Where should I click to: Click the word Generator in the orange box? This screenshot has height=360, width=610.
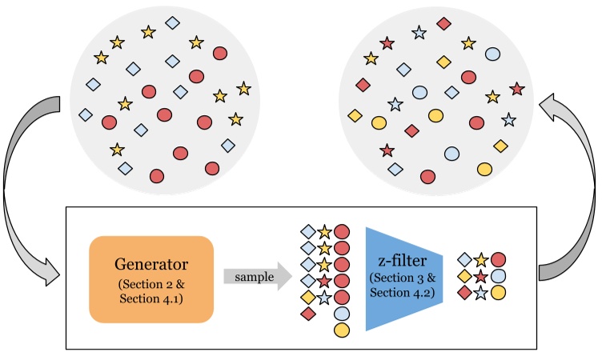click(150, 265)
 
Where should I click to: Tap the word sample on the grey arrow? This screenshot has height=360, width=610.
click(251, 277)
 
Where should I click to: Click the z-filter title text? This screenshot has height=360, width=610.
click(402, 262)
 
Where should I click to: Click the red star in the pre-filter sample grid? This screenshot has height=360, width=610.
click(324, 281)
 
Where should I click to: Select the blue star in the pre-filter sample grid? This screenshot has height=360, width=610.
click(324, 298)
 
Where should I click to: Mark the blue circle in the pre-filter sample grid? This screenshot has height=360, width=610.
click(342, 314)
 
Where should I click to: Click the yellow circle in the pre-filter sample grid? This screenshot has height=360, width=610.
click(342, 330)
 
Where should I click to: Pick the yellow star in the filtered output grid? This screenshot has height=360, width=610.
click(481, 259)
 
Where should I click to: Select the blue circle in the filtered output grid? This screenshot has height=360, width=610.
click(499, 276)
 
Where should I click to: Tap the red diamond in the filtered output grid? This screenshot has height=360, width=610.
click(464, 293)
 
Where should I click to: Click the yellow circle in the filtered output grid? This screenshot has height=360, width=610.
click(499, 293)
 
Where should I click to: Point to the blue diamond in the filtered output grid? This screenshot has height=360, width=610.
click(464, 259)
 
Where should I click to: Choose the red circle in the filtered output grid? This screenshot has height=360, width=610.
click(499, 259)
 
